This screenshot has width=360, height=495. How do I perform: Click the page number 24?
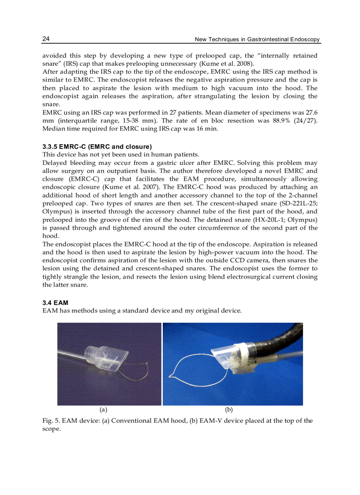tap(45, 39)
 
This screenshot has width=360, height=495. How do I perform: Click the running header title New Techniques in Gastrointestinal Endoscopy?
tap(257, 40)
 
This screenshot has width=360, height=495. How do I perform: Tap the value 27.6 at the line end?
tap(311, 112)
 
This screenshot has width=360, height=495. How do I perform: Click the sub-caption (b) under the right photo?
tap(229, 410)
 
